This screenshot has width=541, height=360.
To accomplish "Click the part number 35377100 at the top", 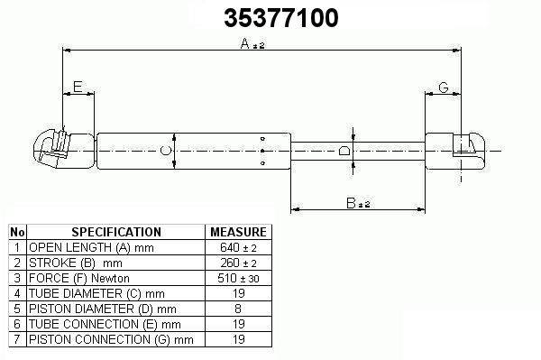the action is pyautogui.click(x=281, y=18).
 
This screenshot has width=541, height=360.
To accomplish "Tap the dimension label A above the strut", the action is pyautogui.click(x=245, y=43).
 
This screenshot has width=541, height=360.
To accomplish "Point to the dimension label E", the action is pyautogui.click(x=78, y=87).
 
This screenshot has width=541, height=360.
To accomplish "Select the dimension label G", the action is pyautogui.click(x=444, y=88).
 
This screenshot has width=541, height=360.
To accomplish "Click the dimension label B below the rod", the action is pyautogui.click(x=351, y=203).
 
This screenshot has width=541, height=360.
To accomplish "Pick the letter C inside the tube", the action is pyautogui.click(x=166, y=151).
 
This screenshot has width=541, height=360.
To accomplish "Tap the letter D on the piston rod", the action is pyautogui.click(x=344, y=151).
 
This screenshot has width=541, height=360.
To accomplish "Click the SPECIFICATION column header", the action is pyautogui.click(x=116, y=232).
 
